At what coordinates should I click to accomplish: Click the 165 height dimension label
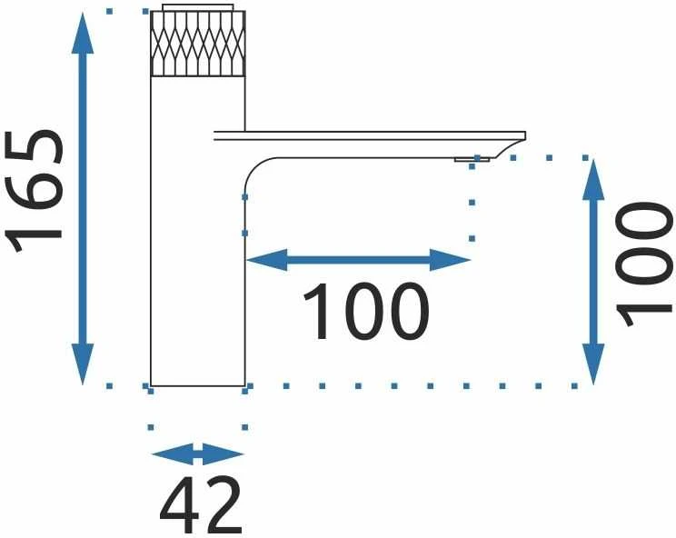pyautogui.click(x=34, y=190)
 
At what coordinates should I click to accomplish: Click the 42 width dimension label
pyautogui.click(x=201, y=505)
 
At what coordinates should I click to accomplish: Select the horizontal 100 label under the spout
pyautogui.click(x=366, y=311)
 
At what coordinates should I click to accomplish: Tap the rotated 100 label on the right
pyautogui.click(x=644, y=264)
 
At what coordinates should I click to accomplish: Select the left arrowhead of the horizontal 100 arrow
pyautogui.click(x=266, y=260)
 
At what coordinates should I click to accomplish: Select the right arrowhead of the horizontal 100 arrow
pyautogui.click(x=450, y=260)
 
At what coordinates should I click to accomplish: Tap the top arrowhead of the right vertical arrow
pyautogui.click(x=593, y=179)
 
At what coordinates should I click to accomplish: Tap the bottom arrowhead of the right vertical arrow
pyautogui.click(x=593, y=364)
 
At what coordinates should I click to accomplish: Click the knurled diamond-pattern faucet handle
pyautogui.click(x=198, y=44)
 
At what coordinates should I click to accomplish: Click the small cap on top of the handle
pyautogui.click(x=198, y=8)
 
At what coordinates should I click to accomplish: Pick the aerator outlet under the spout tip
pyautogui.click(x=472, y=160)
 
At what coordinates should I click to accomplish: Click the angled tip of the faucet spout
pyautogui.click(x=512, y=145)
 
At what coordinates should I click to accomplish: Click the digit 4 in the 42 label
pyautogui.click(x=179, y=505)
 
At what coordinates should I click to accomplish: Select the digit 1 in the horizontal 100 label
pyautogui.click(x=315, y=311)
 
